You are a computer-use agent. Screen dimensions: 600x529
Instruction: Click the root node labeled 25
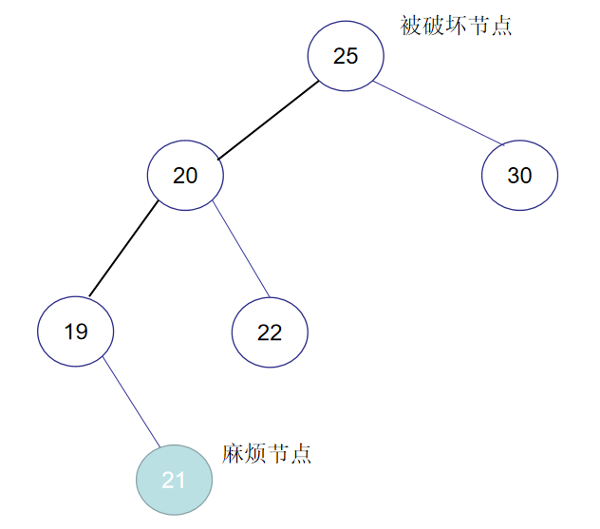tap(346, 56)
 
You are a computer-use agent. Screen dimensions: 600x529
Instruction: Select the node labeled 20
tap(185, 176)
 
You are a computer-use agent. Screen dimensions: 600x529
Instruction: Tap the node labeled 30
tap(519, 176)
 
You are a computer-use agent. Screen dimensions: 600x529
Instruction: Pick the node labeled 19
tap(76, 331)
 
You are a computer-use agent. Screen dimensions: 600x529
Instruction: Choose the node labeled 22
tap(270, 331)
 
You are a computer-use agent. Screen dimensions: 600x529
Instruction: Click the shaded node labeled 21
tap(174, 481)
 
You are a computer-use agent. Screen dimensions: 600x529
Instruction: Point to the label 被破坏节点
tap(456, 26)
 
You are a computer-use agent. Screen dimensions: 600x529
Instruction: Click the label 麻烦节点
tap(267, 454)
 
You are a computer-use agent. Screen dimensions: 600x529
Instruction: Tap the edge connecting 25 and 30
tap(437, 115)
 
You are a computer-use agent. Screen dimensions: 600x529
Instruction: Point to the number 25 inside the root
tap(346, 56)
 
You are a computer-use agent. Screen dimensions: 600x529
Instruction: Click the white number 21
tap(174, 481)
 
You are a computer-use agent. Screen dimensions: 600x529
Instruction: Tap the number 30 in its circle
tap(519, 176)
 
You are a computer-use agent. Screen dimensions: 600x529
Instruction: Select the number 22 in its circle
tap(270, 331)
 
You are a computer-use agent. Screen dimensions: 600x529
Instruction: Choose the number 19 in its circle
tap(76, 331)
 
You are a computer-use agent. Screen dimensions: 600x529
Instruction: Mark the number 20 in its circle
tap(185, 176)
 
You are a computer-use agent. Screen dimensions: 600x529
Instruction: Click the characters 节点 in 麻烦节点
tap(289, 454)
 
